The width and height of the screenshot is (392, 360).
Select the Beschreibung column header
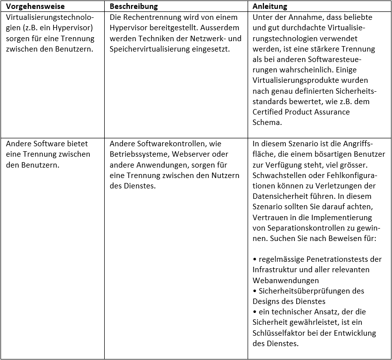tap(133, 7)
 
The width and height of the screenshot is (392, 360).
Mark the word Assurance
tap(331, 112)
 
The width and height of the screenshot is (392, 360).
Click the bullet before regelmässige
tap(255, 259)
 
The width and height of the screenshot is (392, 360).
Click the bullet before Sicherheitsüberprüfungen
tap(255, 291)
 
